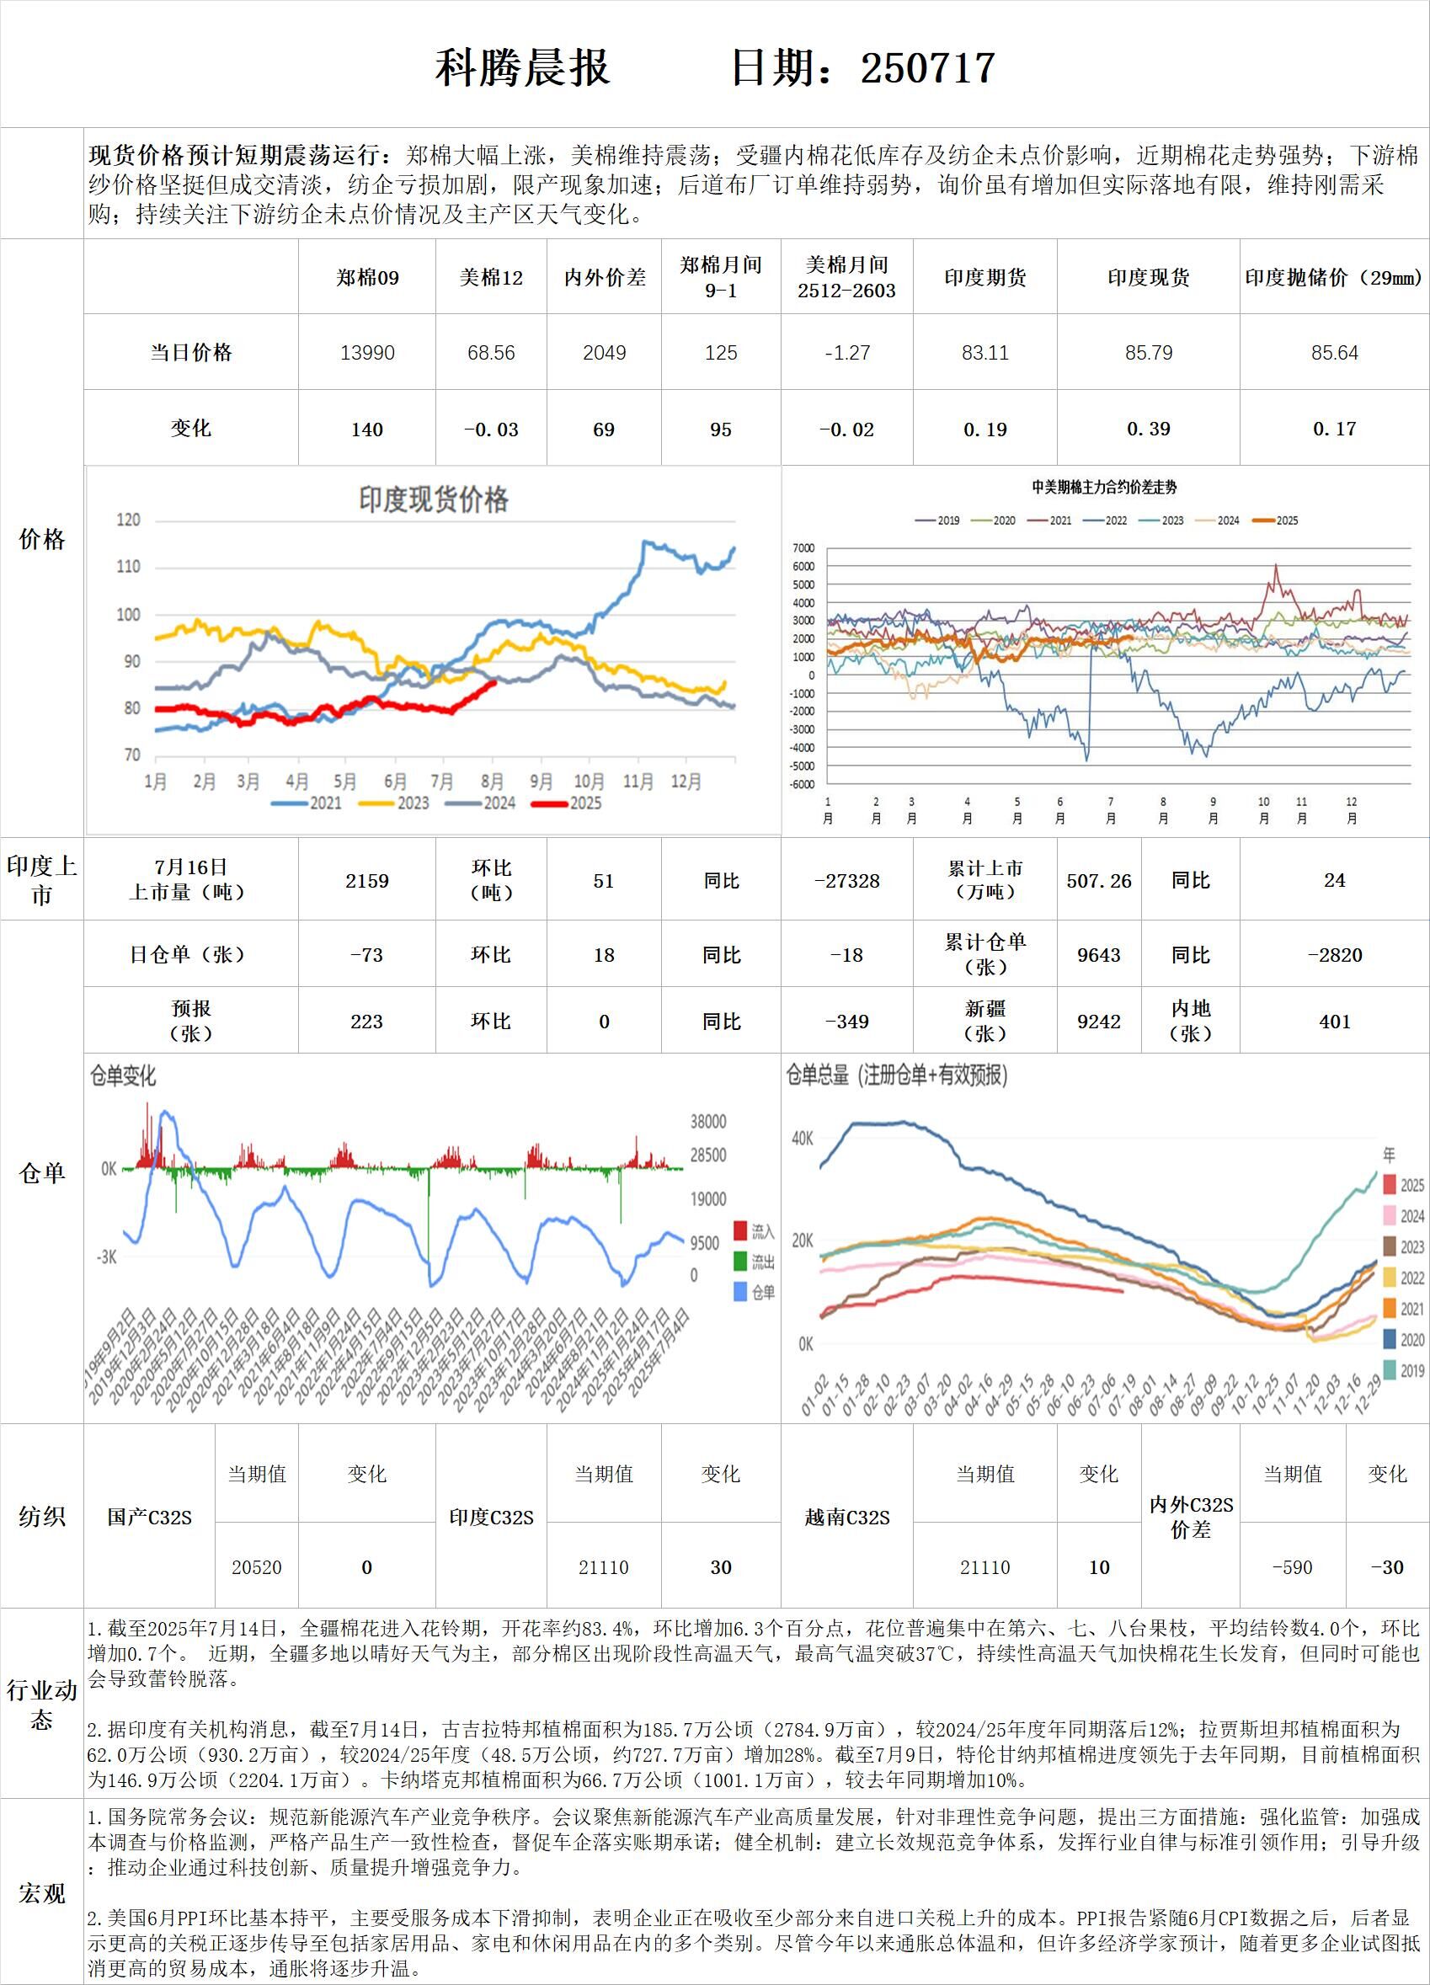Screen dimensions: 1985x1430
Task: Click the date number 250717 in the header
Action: [928, 68]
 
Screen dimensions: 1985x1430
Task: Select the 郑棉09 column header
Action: [366, 278]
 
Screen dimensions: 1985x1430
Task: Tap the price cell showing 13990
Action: [366, 353]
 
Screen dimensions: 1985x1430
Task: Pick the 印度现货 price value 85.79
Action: [1148, 353]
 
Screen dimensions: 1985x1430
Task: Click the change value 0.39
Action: [1148, 429]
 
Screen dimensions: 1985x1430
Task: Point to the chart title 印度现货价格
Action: [433, 499]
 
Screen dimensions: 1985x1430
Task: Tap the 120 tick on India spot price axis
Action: [128, 520]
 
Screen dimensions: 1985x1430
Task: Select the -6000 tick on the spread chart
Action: [802, 784]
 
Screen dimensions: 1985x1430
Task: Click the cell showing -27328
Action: [846, 880]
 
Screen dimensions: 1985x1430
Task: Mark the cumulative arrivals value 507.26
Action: [1098, 880]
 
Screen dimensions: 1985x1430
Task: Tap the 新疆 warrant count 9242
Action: [1098, 1022]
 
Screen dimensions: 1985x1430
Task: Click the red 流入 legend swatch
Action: [740, 1231]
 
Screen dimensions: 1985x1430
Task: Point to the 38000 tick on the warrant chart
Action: [708, 1122]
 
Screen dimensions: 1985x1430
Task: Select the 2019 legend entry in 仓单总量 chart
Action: [1401, 1370]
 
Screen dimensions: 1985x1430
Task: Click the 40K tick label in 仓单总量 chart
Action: [802, 1139]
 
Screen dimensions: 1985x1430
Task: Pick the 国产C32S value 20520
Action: [256, 1567]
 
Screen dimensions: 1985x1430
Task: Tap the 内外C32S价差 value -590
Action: [1292, 1567]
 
